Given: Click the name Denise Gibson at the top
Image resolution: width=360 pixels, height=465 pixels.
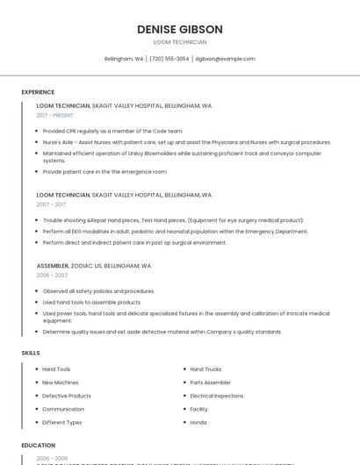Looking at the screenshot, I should [x=180, y=29].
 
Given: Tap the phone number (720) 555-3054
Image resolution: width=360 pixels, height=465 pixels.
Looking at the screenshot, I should [x=169, y=59].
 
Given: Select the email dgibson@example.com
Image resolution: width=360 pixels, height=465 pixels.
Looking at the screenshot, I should [x=226, y=59].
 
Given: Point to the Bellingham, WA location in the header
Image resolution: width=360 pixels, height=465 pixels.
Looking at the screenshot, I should [x=124, y=59].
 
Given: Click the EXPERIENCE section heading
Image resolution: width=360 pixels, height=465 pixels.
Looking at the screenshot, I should [x=38, y=92].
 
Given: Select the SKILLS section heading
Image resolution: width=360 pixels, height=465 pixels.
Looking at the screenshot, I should [x=31, y=353].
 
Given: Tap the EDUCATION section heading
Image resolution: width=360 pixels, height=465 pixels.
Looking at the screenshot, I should [x=39, y=446].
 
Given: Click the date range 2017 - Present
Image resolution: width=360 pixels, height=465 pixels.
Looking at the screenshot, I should [x=55, y=115].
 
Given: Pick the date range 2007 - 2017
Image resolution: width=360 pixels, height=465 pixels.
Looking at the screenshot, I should [x=51, y=204].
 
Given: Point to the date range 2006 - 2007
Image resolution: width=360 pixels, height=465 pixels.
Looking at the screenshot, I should [x=52, y=275].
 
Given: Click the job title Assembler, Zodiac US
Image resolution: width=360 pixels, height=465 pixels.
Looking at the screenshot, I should [x=94, y=265].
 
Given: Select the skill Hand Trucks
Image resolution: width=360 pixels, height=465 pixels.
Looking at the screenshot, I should [x=205, y=369].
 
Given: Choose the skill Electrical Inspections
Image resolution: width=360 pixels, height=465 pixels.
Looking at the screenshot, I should [x=217, y=396].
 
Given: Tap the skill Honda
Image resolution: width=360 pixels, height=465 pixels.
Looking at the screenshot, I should [x=198, y=422].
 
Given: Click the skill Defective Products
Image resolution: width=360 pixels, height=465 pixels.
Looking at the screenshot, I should [x=67, y=396].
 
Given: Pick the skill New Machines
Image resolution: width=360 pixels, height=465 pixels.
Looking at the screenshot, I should [x=61, y=383].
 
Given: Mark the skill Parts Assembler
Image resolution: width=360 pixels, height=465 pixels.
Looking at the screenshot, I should [x=211, y=383].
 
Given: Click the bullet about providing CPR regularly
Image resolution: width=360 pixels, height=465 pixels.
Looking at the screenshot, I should [x=112, y=131].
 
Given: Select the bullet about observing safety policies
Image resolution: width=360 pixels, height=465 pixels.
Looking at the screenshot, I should [x=98, y=290].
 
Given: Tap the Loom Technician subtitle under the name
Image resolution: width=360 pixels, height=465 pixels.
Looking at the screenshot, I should [x=180, y=42].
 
